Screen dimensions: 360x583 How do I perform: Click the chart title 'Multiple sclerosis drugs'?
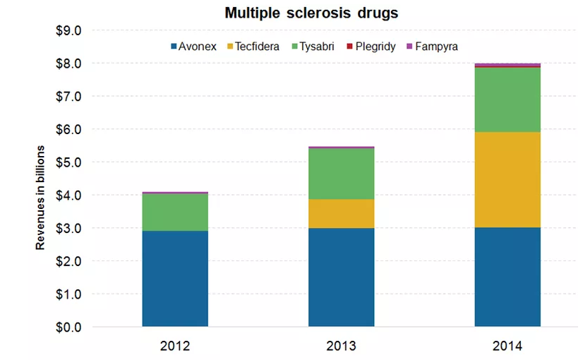pyautogui.click(x=301, y=13)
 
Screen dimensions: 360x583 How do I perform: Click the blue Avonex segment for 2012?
pyautogui.click(x=175, y=278)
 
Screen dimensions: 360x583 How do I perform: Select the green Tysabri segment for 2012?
pyautogui.click(x=175, y=212)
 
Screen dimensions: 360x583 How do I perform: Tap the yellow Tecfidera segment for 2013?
pyautogui.click(x=342, y=213)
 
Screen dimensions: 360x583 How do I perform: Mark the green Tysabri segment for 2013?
pyautogui.click(x=342, y=174)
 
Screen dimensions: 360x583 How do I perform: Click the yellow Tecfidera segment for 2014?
pyautogui.click(x=507, y=179)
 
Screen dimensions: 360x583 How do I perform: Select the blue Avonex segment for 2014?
pyautogui.click(x=507, y=277)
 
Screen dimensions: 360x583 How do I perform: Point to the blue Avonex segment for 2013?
pyautogui.click(x=342, y=277)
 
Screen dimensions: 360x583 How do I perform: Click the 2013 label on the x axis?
pyautogui.click(x=342, y=347)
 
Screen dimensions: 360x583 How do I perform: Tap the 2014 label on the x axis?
pyautogui.click(x=507, y=347)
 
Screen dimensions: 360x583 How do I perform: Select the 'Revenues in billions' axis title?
pyautogui.click(x=40, y=198)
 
